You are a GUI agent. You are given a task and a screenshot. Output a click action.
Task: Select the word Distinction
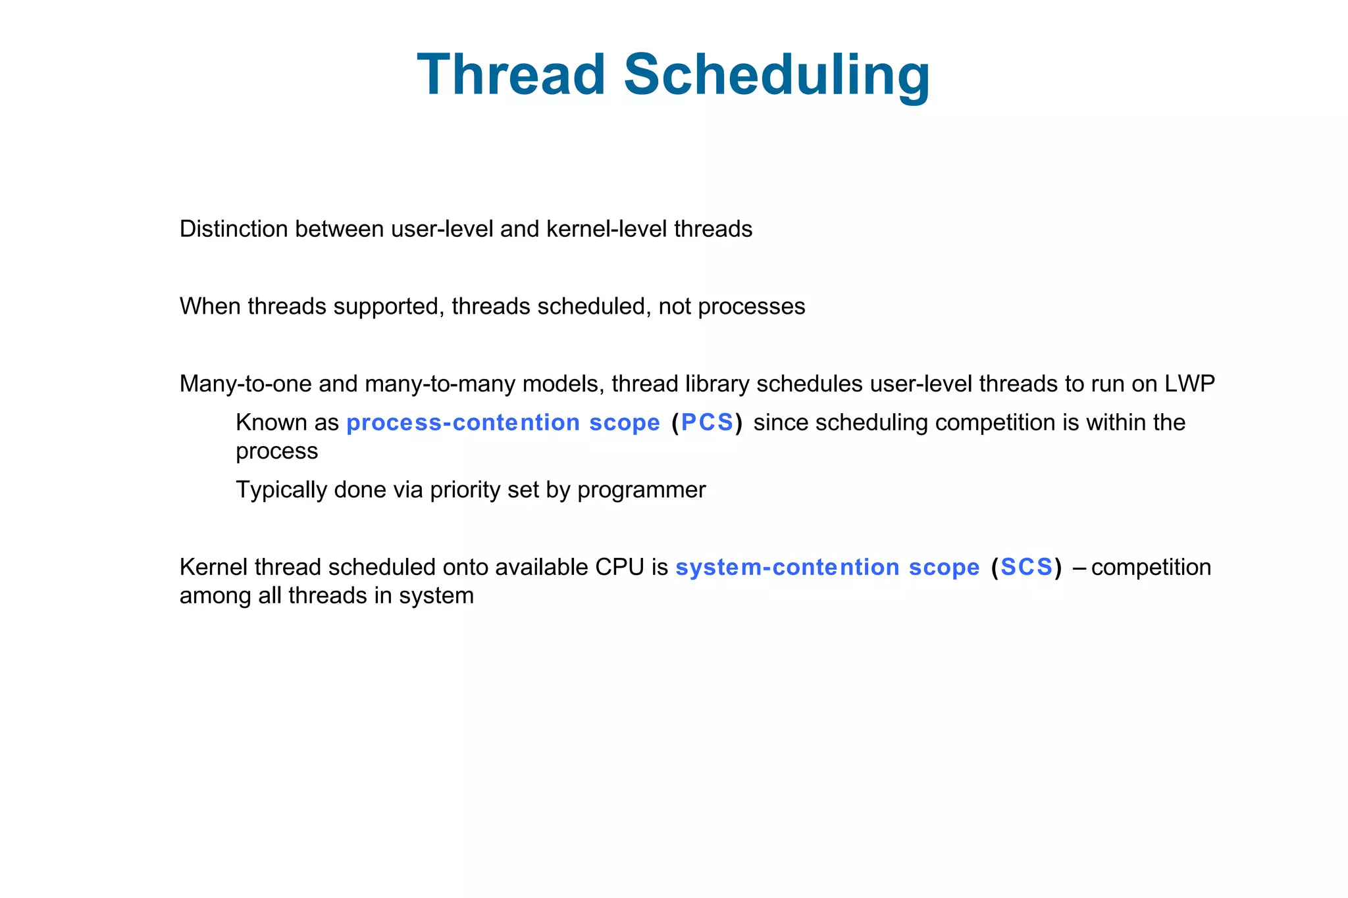click(233, 229)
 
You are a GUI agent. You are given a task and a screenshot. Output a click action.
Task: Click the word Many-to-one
click(246, 384)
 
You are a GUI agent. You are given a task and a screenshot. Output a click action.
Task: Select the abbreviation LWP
click(1189, 384)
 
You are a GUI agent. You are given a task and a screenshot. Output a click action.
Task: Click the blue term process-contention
click(463, 422)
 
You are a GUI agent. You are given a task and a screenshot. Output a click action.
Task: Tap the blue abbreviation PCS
click(707, 422)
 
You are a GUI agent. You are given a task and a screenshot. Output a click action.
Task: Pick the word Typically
click(281, 490)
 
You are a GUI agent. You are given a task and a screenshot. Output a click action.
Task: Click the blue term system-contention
click(787, 567)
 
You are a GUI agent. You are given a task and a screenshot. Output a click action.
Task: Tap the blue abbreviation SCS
click(1026, 567)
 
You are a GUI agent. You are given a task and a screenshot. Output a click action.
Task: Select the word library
click(717, 384)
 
